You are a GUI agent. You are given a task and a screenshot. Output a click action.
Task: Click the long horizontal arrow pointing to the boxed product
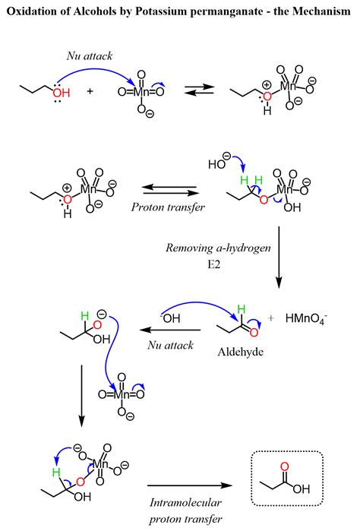(189, 484)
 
